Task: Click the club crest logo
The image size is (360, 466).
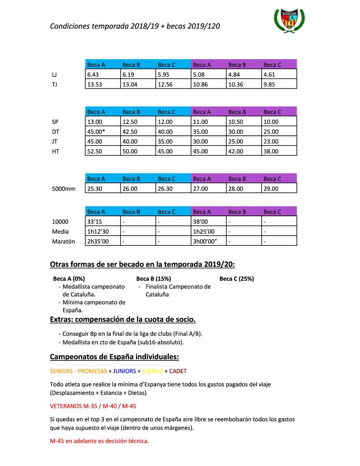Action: (289, 21)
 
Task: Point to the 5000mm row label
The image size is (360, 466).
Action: (64, 188)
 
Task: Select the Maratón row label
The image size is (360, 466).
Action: (64, 241)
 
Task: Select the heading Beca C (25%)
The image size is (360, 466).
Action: (237, 279)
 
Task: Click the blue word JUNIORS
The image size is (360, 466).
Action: (124, 371)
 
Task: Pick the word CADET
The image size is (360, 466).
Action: (178, 371)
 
